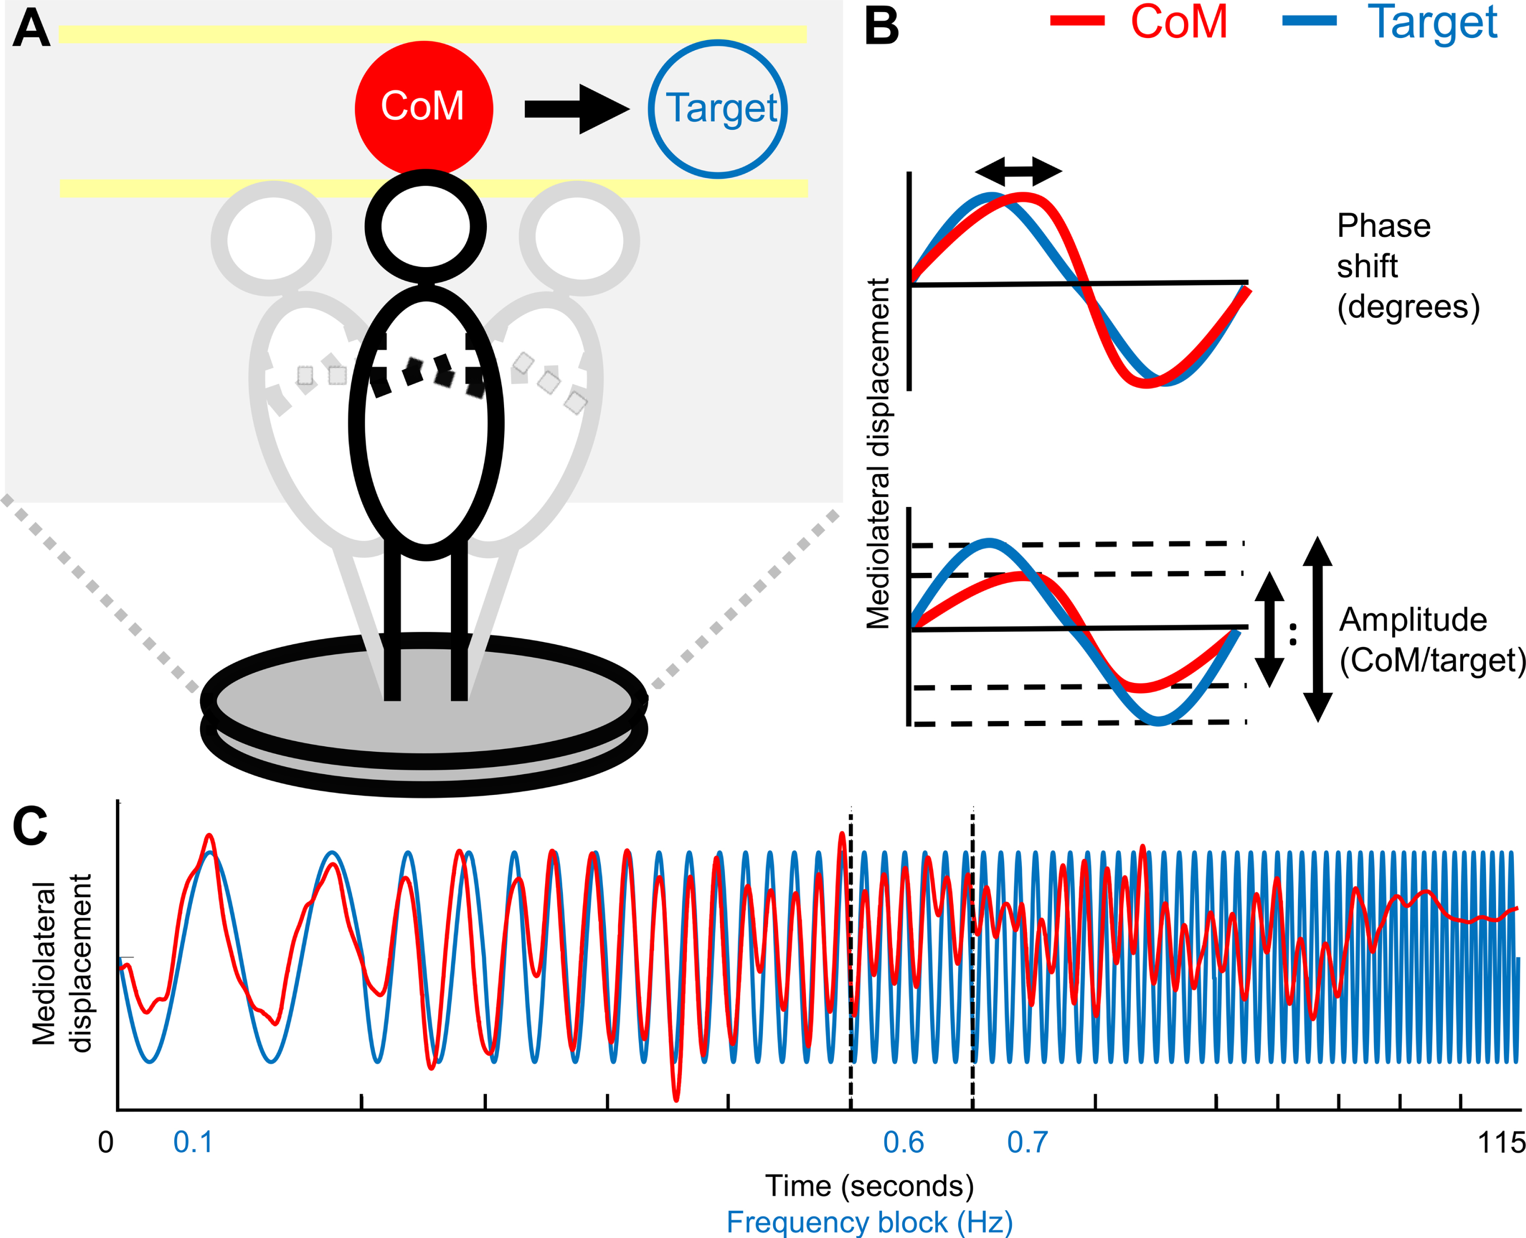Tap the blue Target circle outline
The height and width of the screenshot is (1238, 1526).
[x=650, y=108]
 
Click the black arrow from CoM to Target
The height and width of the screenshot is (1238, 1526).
[x=578, y=109]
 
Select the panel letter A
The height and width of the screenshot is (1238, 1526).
[x=31, y=28]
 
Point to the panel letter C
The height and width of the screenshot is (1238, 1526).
[x=30, y=826]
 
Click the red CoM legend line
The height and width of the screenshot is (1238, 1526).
[x=1077, y=21]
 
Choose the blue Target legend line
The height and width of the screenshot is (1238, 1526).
[x=1309, y=21]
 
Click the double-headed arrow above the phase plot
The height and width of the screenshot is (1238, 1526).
[x=1018, y=170]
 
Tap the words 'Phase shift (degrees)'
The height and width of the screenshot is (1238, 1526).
[x=1407, y=266]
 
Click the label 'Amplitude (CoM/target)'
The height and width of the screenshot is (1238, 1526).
[x=1432, y=640]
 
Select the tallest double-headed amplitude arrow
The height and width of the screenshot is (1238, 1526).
[x=1318, y=629]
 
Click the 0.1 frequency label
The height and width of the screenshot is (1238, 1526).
[x=193, y=1142]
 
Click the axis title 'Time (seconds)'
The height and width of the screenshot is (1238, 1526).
[x=869, y=1186]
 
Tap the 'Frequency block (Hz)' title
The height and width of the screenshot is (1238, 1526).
[x=869, y=1222]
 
